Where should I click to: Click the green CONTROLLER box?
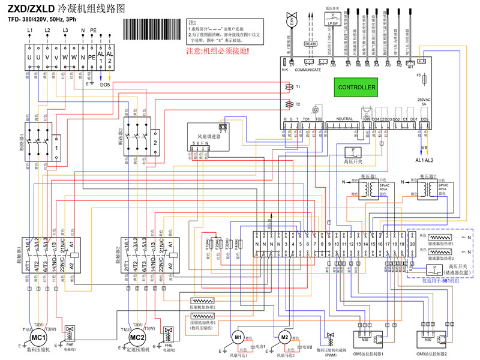tap(357, 88)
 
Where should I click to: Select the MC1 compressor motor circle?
tap(35, 337)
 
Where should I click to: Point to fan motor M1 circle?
tap(238, 337)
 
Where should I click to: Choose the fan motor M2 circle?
tap(284, 337)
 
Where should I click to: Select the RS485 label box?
tap(311, 44)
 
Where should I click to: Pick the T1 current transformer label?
tap(298, 87)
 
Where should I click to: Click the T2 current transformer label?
tap(298, 104)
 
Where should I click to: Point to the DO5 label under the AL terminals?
tap(105, 85)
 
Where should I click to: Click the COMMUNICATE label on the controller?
tap(308, 70)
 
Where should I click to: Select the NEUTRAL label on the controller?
tap(344, 119)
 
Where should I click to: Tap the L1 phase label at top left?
tap(29, 29)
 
